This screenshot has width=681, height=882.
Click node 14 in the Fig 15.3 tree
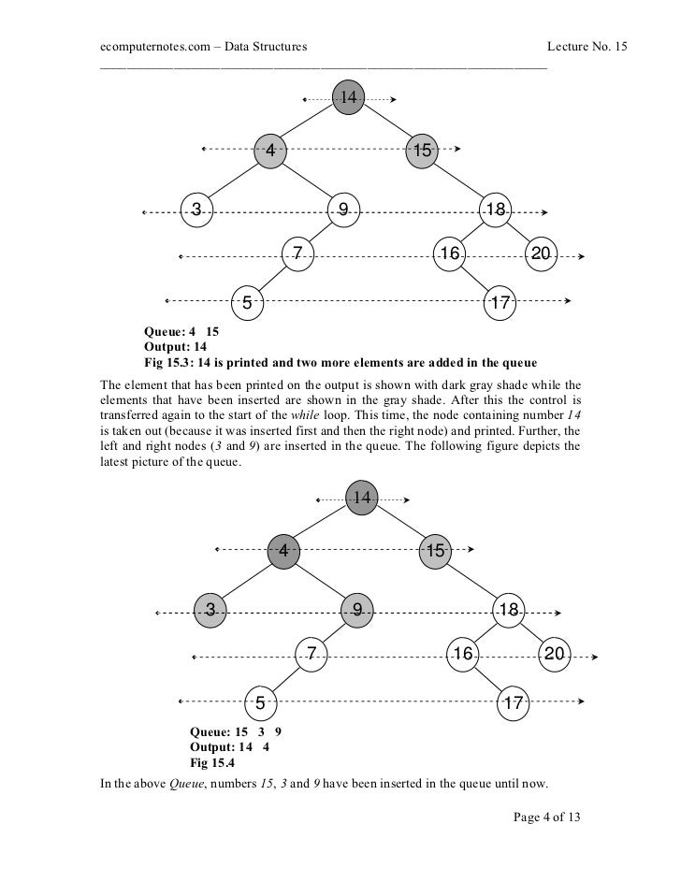pos(348,98)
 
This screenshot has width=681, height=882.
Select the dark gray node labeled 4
pos(284,552)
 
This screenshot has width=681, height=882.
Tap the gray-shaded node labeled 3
pos(210,611)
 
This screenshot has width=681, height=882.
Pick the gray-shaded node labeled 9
pos(357,611)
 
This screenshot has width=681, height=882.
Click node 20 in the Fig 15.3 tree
pos(542,253)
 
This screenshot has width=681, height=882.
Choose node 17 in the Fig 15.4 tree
pos(513,701)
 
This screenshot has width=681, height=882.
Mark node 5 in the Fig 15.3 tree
pos(247,302)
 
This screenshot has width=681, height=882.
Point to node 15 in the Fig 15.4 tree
pos(435,552)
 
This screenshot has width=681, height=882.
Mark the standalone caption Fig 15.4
pos(212,761)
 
